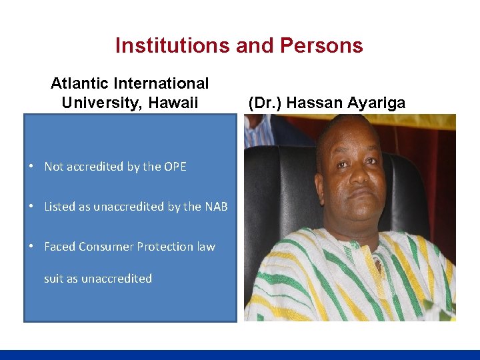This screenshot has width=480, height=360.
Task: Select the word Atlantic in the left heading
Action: coord(78,84)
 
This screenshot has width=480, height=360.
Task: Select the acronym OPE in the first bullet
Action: coord(173,167)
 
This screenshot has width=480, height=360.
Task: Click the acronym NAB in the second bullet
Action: coord(215,207)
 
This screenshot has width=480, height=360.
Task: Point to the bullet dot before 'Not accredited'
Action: coord(32,167)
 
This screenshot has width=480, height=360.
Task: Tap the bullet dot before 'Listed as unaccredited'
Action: coord(32,207)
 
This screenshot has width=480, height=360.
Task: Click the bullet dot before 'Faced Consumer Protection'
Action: coord(32,247)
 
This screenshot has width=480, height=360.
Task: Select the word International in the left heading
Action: coord(161,84)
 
